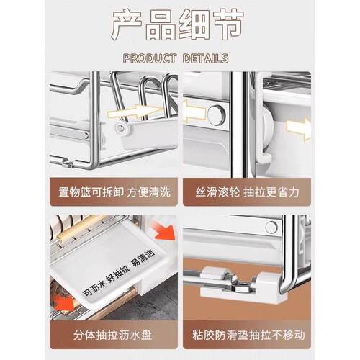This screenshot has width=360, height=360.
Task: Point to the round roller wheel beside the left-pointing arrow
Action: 215,113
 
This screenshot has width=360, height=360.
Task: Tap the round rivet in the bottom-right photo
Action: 271,228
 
